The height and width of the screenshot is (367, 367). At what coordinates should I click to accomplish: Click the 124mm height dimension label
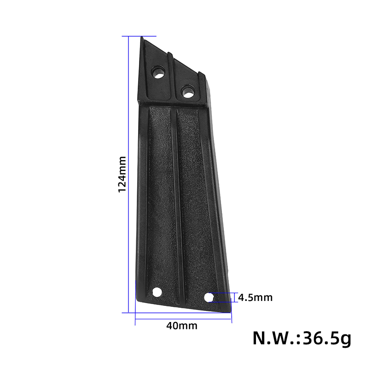pyautogui.click(x=122, y=174)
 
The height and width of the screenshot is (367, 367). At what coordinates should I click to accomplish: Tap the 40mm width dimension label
pyautogui.click(x=182, y=326)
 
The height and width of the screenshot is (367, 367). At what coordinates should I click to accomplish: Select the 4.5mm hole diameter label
pyautogui.click(x=256, y=297)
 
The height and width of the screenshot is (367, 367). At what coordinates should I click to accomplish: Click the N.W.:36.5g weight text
pyautogui.click(x=302, y=339)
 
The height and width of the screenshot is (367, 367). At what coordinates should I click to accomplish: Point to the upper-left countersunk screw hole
pyautogui.click(x=158, y=72)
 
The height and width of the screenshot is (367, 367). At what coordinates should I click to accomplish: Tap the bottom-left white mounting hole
pyautogui.click(x=157, y=292)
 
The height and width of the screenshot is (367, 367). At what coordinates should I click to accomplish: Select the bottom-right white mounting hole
pyautogui.click(x=209, y=297)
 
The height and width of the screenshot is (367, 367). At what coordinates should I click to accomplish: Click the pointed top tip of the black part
pyautogui.click(x=142, y=37)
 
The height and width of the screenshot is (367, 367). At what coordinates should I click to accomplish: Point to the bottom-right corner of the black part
pyautogui.click(x=230, y=312)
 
